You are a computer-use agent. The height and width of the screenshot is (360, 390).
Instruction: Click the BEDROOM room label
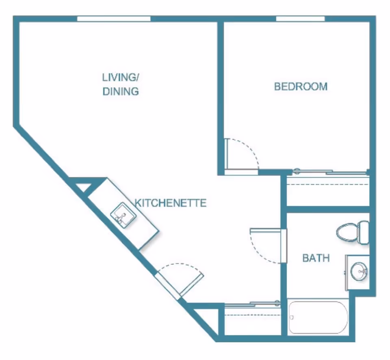click(x=301, y=86)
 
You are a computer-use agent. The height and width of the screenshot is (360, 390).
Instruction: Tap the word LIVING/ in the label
click(x=121, y=78)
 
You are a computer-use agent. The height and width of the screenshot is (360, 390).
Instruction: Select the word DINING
click(x=121, y=91)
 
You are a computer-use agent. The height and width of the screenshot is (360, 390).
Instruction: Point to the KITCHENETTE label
click(x=171, y=203)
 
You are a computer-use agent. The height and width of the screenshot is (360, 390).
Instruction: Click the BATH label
click(x=316, y=258)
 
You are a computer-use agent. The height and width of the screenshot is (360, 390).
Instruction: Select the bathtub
click(x=318, y=317)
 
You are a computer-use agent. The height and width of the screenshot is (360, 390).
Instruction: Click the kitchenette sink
click(x=123, y=215)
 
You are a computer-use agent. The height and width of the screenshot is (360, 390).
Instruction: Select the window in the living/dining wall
click(x=114, y=19)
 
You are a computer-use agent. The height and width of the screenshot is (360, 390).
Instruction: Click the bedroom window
click(x=300, y=19)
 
